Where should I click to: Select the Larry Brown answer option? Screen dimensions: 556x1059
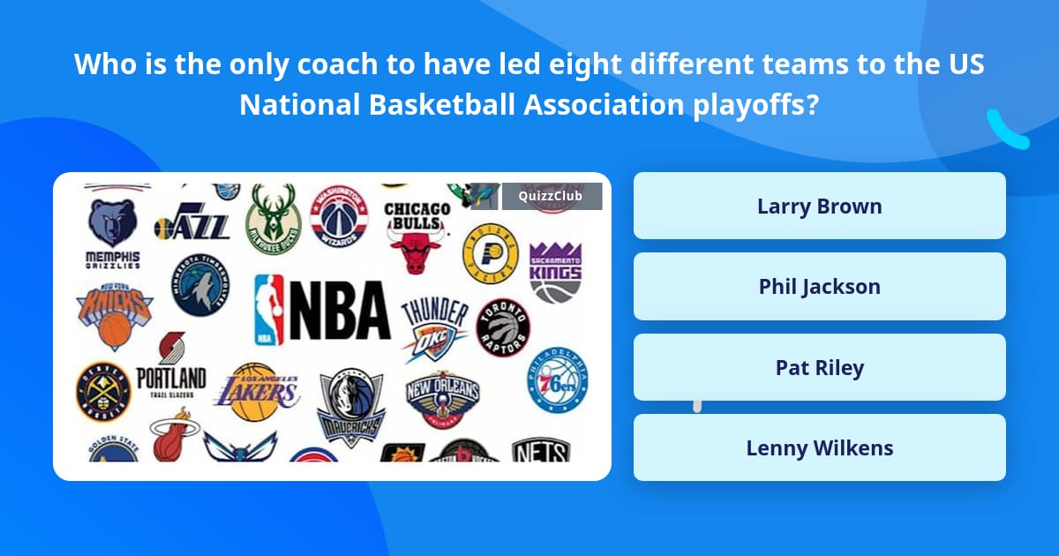tap(819, 207)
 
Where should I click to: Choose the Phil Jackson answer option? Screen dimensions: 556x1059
tap(819, 287)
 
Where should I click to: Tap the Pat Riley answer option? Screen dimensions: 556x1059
tap(819, 368)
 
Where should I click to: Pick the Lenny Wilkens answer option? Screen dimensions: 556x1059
tap(819, 448)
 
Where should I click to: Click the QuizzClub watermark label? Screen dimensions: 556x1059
tap(552, 196)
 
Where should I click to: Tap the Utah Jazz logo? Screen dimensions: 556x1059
tap(192, 225)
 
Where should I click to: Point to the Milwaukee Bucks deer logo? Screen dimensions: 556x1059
tap(274, 218)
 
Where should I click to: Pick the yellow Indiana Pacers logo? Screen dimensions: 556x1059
tap(490, 252)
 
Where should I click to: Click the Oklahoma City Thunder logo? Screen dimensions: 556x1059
tap(435, 328)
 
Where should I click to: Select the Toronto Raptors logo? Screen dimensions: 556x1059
tap(503, 327)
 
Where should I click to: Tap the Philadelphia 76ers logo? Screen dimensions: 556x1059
tap(558, 381)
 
